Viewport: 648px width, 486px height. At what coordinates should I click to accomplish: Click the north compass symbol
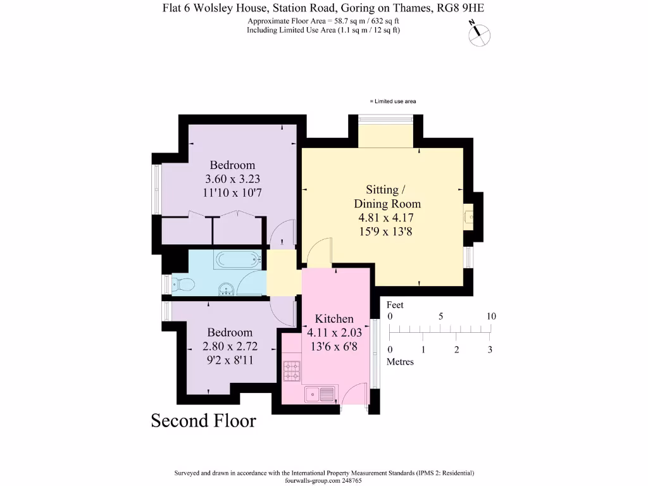(478, 34)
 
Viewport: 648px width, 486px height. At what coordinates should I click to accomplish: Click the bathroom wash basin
(227, 290)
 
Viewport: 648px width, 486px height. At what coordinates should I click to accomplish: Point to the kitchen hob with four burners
(291, 371)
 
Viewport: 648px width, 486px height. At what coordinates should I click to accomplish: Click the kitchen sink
(320, 394)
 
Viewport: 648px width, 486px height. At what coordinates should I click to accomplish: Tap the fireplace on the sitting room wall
(469, 216)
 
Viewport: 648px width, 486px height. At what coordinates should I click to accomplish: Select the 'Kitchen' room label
(334, 318)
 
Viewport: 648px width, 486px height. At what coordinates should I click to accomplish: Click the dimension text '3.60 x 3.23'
(232, 179)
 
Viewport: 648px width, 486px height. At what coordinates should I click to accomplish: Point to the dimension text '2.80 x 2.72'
(230, 347)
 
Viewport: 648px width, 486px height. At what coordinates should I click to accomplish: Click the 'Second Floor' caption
(203, 421)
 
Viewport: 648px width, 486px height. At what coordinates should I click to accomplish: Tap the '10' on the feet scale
(491, 316)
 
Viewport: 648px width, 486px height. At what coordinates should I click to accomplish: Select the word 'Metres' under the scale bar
(400, 362)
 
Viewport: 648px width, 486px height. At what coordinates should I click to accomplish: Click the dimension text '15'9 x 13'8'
(387, 232)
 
